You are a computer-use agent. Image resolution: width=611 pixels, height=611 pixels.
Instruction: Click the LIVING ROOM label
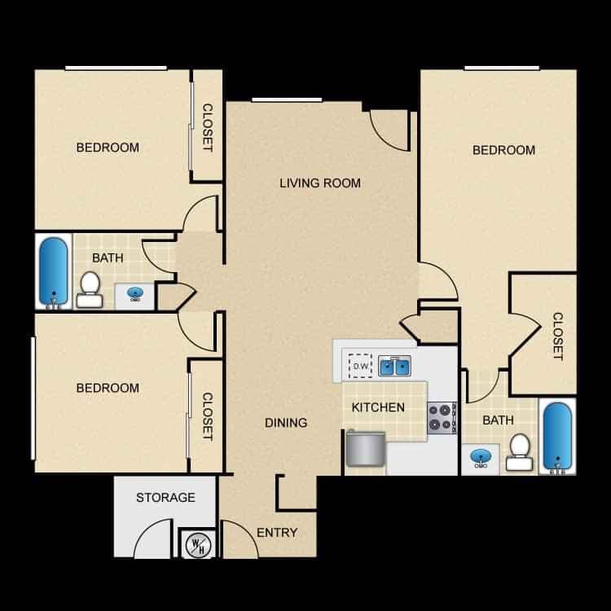pyautogui.click(x=320, y=182)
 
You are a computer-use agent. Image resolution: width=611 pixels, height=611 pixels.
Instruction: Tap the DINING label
pyautogui.click(x=286, y=422)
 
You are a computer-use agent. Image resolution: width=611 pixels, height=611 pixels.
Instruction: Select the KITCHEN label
pyautogui.click(x=378, y=407)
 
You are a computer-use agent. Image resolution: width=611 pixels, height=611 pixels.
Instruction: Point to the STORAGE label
pyautogui.click(x=165, y=497)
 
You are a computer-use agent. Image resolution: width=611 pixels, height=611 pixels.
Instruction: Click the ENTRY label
pyautogui.click(x=276, y=533)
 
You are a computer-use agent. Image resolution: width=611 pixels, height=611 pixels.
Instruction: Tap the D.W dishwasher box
pyautogui.click(x=360, y=366)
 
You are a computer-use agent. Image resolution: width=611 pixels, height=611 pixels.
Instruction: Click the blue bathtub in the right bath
pyautogui.click(x=557, y=437)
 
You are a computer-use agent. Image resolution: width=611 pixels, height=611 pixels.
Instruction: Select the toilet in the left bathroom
pyautogui.click(x=90, y=290)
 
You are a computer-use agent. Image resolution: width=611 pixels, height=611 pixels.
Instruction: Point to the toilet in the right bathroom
pyautogui.click(x=519, y=452)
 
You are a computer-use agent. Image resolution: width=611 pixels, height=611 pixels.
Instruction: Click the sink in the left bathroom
pyautogui.click(x=135, y=293)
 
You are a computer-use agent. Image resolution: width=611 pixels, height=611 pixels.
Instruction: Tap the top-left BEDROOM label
pyautogui.click(x=108, y=147)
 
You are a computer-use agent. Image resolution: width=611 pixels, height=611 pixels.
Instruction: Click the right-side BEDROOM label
pyautogui.click(x=504, y=150)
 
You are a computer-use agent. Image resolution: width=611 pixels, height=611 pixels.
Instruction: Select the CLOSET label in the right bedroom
pyautogui.click(x=557, y=336)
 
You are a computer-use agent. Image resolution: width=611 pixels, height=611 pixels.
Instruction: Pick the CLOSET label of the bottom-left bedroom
pyautogui.click(x=207, y=417)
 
